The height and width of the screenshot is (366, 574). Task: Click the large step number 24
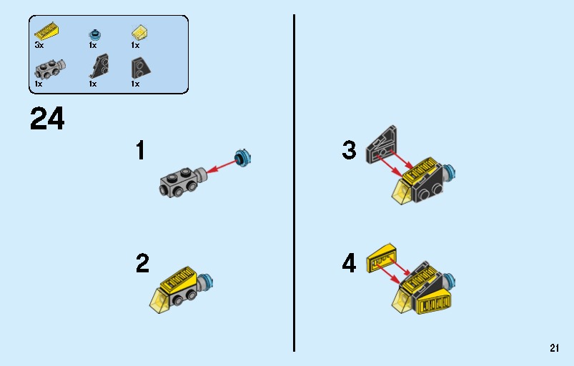pos(47,119)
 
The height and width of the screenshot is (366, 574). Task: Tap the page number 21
pos(554,347)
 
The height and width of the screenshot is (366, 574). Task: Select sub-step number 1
pos(141,150)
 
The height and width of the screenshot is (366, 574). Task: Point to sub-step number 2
pos(142,263)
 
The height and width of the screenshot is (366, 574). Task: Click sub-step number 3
pos(350,150)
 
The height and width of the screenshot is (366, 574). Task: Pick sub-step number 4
pos(350,263)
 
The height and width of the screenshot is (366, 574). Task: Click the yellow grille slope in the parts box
pos(47,31)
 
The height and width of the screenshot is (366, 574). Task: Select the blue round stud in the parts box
pos(95,35)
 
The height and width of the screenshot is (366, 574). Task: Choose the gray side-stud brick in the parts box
pos(50,69)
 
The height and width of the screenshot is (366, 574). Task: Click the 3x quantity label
pos(39,45)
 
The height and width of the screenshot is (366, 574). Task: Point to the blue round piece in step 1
pos(243,159)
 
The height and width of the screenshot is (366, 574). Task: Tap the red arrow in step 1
pos(222,166)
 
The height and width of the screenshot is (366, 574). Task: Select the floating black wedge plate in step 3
pos(382,144)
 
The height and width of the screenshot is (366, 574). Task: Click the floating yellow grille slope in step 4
pos(382,257)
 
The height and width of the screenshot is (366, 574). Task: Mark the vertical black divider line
pos(294,183)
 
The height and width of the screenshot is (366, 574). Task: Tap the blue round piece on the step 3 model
pos(449,172)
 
